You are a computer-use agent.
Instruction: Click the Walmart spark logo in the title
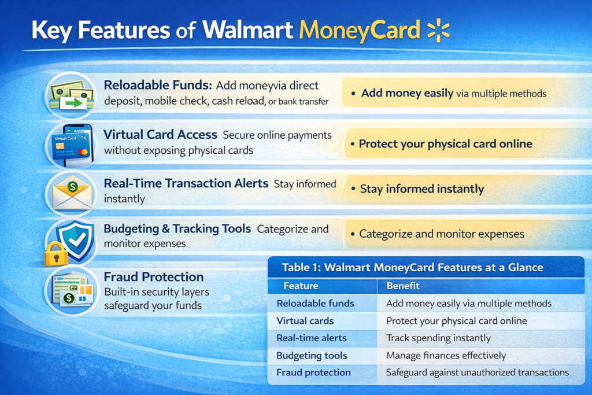438,30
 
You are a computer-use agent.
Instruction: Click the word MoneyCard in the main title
359,30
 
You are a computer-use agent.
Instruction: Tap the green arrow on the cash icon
73,102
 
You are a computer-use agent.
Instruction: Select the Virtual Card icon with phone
71,145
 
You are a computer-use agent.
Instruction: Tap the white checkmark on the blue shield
77,239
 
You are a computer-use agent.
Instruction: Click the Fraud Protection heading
154,277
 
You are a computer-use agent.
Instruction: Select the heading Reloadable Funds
158,86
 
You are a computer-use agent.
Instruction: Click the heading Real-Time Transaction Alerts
186,183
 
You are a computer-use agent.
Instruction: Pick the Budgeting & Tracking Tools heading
177,229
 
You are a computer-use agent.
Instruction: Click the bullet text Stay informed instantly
421,189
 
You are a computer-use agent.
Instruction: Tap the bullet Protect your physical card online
446,144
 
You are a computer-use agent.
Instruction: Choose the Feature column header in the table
301,286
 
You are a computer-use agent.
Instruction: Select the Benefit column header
403,286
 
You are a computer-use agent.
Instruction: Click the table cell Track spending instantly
438,338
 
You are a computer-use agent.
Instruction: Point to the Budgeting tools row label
312,355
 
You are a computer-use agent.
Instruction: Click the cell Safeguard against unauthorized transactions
477,372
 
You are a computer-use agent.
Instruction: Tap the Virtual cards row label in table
305,321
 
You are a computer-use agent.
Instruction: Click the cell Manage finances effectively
446,355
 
